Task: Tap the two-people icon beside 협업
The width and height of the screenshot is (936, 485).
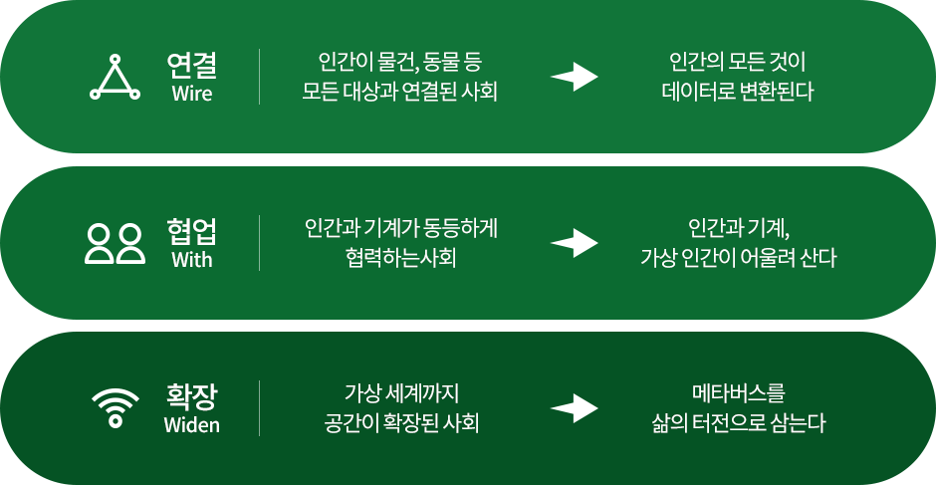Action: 116,243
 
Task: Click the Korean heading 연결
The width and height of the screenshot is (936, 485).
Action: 192,67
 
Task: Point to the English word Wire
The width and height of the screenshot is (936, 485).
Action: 192,95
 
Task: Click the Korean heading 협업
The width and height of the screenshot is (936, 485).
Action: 192,232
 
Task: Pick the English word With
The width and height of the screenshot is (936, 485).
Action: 192,261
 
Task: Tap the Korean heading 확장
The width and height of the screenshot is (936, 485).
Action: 192,397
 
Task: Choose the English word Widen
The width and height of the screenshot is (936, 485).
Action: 192,426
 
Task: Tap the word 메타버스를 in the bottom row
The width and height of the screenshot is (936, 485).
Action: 738,391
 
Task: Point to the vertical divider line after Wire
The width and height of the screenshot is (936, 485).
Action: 260,77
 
